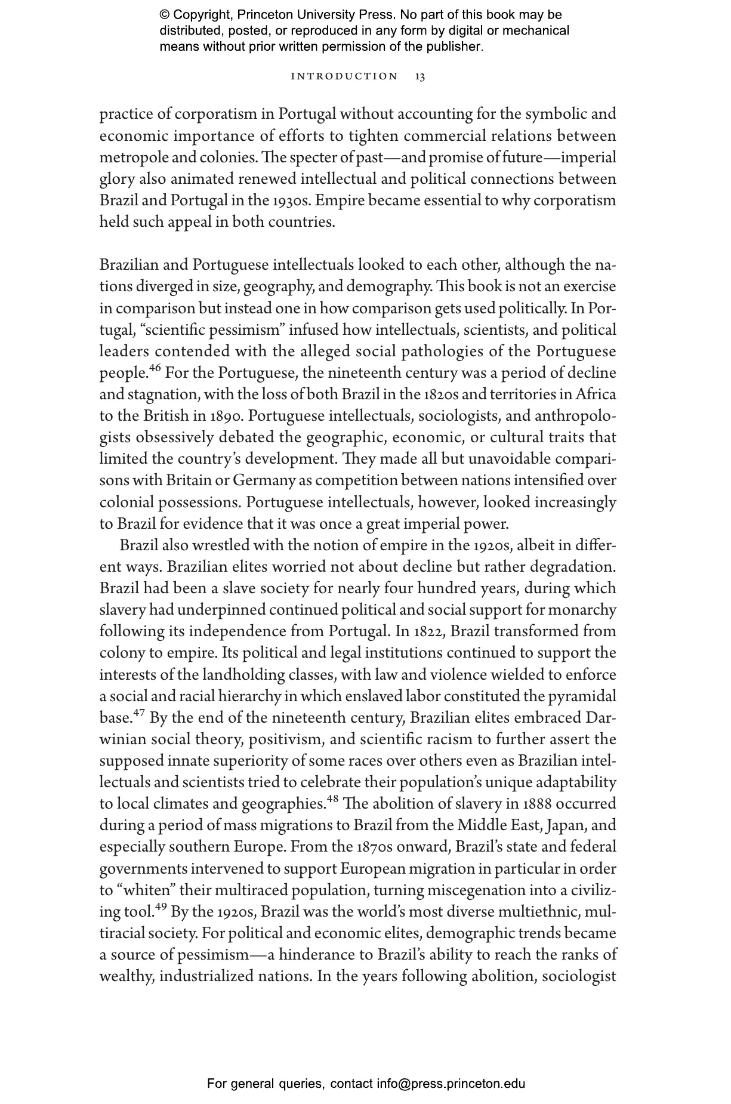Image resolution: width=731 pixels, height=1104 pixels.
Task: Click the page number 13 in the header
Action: [x=420, y=77]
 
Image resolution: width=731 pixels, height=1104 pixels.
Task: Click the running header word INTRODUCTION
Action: [x=344, y=77]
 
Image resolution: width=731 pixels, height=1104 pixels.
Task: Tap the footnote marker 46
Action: [x=155, y=368]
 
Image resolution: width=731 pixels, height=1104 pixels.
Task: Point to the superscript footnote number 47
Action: [x=139, y=713]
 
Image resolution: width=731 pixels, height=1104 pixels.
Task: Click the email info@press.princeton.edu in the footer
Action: [x=451, y=1083]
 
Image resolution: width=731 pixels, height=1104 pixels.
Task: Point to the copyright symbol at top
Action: [x=165, y=15]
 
